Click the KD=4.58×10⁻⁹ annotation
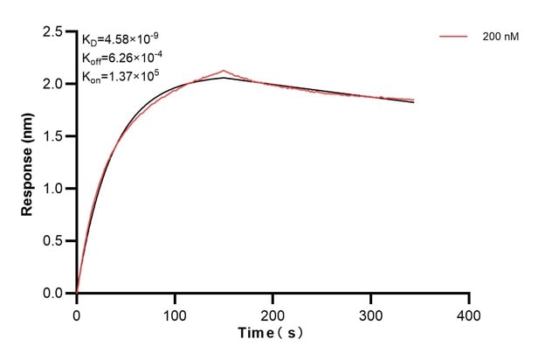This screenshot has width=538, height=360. coord(121,38)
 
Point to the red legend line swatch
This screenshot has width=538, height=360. coord(454,38)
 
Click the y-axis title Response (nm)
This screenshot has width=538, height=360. coord(27,163)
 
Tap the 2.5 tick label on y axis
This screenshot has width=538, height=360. coord(52,32)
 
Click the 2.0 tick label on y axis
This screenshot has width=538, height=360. coord(52,85)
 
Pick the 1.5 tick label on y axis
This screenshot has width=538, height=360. coord(52,136)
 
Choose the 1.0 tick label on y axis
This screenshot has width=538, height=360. coord(52,189)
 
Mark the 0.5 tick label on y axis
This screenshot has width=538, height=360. coord(52,241)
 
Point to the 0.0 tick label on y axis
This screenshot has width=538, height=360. coord(52,294)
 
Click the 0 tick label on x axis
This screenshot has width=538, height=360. coord(77,312)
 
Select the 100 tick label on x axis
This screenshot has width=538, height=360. coord(175,312)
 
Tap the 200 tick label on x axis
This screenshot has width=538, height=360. coord(272,312)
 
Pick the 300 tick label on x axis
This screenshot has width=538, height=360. coord(371,312)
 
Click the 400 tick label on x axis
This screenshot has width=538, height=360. coord(469,312)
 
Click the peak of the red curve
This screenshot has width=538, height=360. coord(224,71)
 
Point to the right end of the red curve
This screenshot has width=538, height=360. coord(414,100)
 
